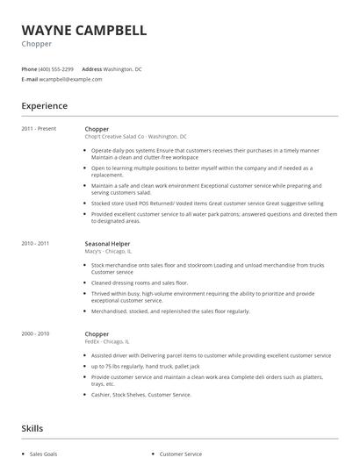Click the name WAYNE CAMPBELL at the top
point(83,30)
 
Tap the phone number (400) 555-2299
point(57,68)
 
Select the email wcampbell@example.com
point(71,79)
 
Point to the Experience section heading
point(44,106)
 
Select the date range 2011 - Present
point(40,129)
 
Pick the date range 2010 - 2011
point(35,242)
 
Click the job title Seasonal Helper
point(107,242)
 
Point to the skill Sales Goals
point(44,454)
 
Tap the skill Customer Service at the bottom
point(180,454)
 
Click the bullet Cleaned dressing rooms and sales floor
point(140,283)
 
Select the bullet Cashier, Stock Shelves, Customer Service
point(141,395)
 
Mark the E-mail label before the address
point(29,79)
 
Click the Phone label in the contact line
point(29,68)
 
